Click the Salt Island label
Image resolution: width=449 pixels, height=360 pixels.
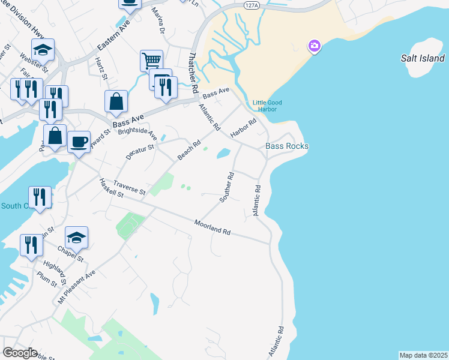[423, 58]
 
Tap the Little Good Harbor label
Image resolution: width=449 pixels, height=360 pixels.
[267, 106]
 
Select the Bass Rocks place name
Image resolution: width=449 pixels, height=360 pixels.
[287, 146]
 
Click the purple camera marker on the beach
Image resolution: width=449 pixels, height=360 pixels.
[313, 46]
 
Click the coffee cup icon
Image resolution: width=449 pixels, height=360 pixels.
[79, 142]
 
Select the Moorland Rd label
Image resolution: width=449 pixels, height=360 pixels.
[212, 227]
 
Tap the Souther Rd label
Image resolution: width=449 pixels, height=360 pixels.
[227, 187]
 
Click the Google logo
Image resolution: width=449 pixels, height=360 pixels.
[20, 353]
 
